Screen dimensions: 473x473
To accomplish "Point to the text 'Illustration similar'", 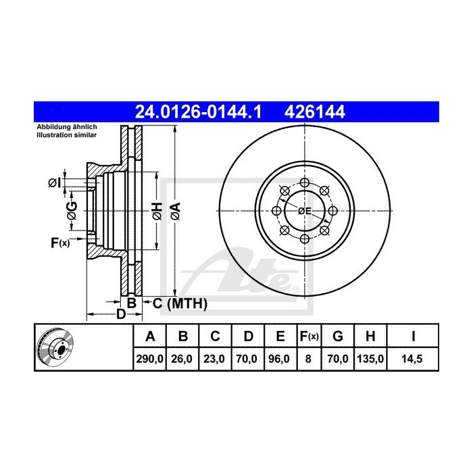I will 66,135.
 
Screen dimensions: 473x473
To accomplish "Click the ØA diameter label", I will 174,211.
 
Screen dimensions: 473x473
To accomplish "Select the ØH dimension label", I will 156,211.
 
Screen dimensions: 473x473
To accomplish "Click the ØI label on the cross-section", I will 55,182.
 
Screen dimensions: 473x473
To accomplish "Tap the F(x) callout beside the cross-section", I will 59,243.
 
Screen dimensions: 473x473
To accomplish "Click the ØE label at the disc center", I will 305,211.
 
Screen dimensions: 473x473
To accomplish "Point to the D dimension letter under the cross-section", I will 120,314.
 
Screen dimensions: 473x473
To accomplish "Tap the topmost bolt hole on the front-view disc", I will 305,183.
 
